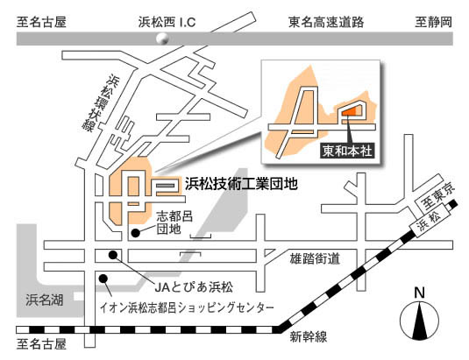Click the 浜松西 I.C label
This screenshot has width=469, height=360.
click(167, 22)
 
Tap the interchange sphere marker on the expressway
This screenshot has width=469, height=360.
click(162, 39)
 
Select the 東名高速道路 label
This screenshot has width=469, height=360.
click(326, 22)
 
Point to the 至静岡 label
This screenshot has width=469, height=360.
click(433, 22)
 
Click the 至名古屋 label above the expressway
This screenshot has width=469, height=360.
click(41, 22)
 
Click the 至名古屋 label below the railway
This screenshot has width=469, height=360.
click(41, 343)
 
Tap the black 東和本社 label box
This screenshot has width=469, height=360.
click(347, 151)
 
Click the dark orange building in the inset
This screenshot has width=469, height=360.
click(349, 112)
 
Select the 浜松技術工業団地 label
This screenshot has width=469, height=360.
click(241, 183)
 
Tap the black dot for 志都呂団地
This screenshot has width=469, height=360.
click(136, 233)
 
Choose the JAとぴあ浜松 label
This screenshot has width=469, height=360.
click(194, 287)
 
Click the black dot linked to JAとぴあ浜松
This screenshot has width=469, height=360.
click(113, 255)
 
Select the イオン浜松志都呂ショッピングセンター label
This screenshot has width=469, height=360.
click(187, 307)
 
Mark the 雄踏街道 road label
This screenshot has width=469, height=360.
click(315, 258)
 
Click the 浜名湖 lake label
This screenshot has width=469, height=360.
click(44, 300)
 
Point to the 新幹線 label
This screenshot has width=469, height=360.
click(309, 337)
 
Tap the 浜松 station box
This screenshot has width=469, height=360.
click(430, 222)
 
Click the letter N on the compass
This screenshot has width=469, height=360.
click(419, 293)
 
